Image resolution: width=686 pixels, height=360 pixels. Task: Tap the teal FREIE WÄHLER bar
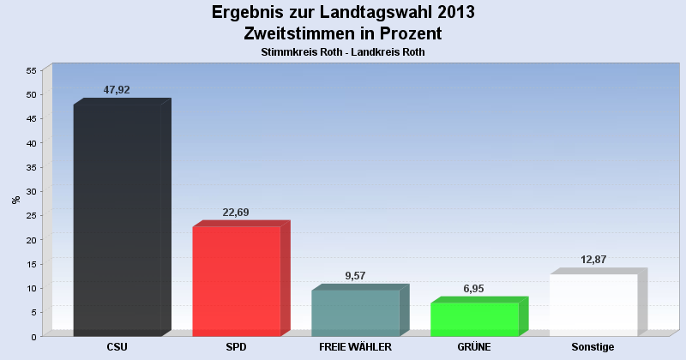coord(355,313)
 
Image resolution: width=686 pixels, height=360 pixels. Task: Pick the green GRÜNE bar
coord(474,319)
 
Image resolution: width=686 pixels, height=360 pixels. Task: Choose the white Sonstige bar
coord(593,305)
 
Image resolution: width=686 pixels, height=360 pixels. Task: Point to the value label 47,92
coord(116,90)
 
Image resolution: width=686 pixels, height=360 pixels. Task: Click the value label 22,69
coord(235,213)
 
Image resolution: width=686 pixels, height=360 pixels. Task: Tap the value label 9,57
coord(354,276)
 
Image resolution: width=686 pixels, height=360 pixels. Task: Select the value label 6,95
coord(473,289)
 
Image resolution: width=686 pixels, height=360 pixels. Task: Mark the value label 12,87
coord(593,260)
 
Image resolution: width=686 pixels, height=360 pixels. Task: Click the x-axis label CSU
coord(117,347)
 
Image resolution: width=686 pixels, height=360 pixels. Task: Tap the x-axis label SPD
coord(237,347)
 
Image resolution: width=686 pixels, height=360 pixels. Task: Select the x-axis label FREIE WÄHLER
coord(355,347)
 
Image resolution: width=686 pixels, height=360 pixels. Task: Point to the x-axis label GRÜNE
coord(474,347)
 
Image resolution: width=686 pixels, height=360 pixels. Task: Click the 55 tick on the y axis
coord(31,70)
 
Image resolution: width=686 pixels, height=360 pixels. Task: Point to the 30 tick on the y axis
coord(31,191)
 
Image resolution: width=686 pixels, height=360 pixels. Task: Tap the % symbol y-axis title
coord(15,200)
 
